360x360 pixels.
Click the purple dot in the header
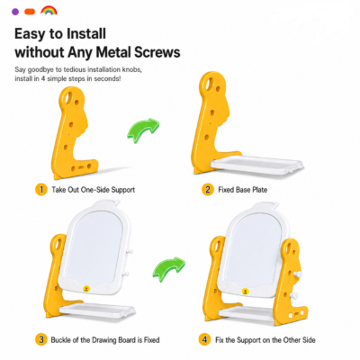15,12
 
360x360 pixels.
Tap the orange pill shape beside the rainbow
30,12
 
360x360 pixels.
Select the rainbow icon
49,10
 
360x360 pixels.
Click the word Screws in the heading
157,52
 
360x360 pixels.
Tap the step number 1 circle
41,190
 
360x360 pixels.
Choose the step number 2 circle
208,190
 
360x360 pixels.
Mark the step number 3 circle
41,339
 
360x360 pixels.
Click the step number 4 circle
204,339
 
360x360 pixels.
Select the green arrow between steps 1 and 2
143,129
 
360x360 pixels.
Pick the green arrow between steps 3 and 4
168,268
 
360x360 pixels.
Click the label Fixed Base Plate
242,190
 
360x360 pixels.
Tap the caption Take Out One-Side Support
94,190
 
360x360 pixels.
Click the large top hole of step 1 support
68,96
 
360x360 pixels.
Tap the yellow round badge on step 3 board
86,289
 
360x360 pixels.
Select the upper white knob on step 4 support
298,274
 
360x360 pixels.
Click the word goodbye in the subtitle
40,70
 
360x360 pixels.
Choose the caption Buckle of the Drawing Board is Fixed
105,340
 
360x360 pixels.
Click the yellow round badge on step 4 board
246,291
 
